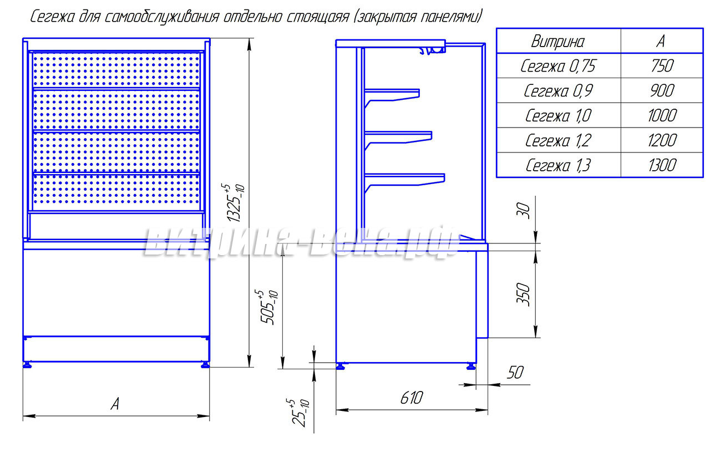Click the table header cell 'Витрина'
point(557,41)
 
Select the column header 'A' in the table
point(660,41)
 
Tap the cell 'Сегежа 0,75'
point(557,66)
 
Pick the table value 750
point(660,66)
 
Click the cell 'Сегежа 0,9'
point(557,91)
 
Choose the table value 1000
point(662,115)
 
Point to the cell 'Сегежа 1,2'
point(557,140)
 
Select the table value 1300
point(662,165)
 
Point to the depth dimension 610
point(410,398)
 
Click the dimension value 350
point(523,294)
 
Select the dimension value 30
point(524,210)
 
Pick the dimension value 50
point(515,372)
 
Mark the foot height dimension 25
point(301,414)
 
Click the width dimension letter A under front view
point(115,404)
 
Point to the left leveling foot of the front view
point(27,365)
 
